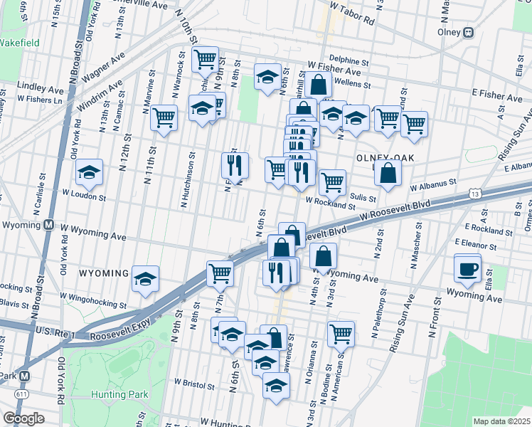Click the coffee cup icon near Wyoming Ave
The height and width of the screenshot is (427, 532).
468,268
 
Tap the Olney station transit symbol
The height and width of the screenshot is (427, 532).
468,32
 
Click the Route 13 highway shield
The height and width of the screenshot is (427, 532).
475,193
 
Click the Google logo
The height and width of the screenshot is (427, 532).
23,418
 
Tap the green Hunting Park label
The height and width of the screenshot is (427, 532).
119,394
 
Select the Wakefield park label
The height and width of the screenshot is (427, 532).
20,42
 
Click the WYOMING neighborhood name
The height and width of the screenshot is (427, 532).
104,273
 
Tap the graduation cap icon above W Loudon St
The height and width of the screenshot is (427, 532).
90,172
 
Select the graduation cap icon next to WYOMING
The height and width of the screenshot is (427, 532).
146,278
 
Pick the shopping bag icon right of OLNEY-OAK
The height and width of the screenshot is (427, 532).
388,172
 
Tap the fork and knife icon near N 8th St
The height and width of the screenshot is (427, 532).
235,165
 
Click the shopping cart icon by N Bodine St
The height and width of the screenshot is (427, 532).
341,332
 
